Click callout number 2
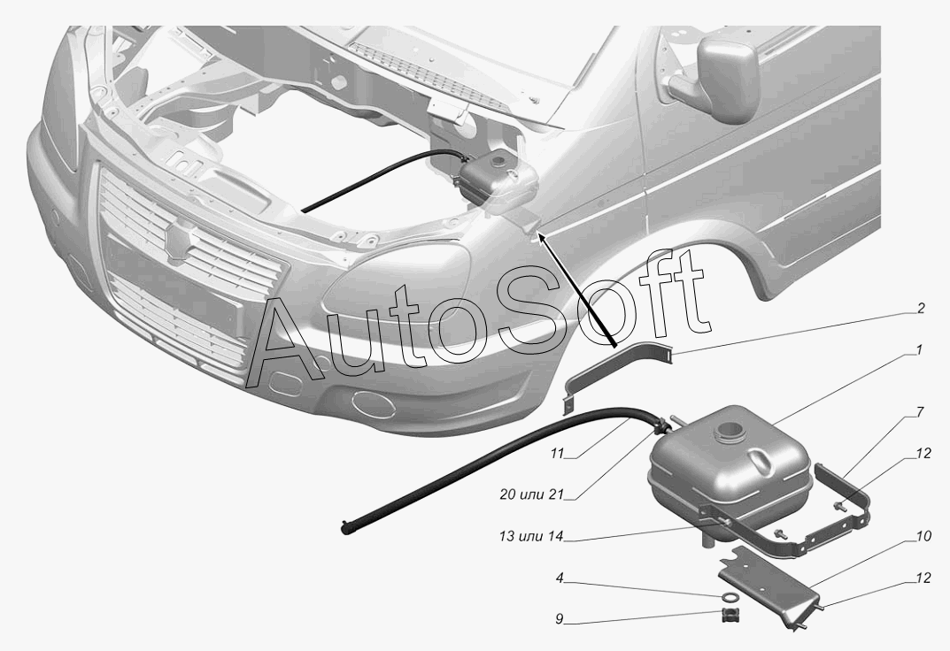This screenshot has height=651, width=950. pyautogui.click(x=921, y=309)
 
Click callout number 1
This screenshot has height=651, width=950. pyautogui.click(x=919, y=350)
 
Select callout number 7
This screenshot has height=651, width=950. pyautogui.click(x=920, y=412)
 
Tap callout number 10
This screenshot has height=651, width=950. pyautogui.click(x=924, y=536)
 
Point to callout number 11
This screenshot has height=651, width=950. pyautogui.click(x=558, y=453)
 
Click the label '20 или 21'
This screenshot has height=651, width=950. pyautogui.click(x=531, y=494)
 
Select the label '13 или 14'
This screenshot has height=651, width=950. pyautogui.click(x=531, y=536)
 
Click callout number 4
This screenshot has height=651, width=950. pyautogui.click(x=560, y=578)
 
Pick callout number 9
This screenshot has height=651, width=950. pyautogui.click(x=560, y=619)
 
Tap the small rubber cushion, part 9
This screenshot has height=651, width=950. pyautogui.click(x=730, y=617)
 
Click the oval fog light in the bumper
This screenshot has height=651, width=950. pyautogui.click(x=376, y=405)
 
